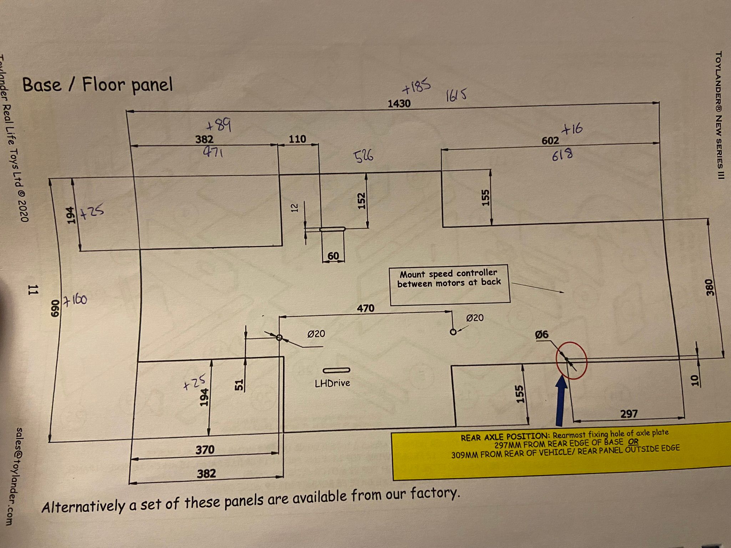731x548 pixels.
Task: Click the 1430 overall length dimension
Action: coord(399,103)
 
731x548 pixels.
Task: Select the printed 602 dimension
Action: coord(550,141)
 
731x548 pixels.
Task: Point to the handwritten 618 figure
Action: coord(563,155)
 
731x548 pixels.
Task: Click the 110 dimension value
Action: coord(297,139)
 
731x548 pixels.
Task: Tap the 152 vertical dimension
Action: coord(362,201)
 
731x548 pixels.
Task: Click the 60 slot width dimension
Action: coord(333,256)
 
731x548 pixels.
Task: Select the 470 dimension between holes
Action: coord(366,308)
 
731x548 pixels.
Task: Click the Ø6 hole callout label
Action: coord(541,335)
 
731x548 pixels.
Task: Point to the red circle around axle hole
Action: coord(571,360)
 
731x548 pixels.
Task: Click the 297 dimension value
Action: coord(629,414)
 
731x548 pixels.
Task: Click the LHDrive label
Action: coord(332,383)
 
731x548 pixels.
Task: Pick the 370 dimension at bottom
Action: coord(205,450)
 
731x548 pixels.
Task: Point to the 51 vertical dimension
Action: coord(240,385)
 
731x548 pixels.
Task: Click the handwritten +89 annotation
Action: coord(219,125)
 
